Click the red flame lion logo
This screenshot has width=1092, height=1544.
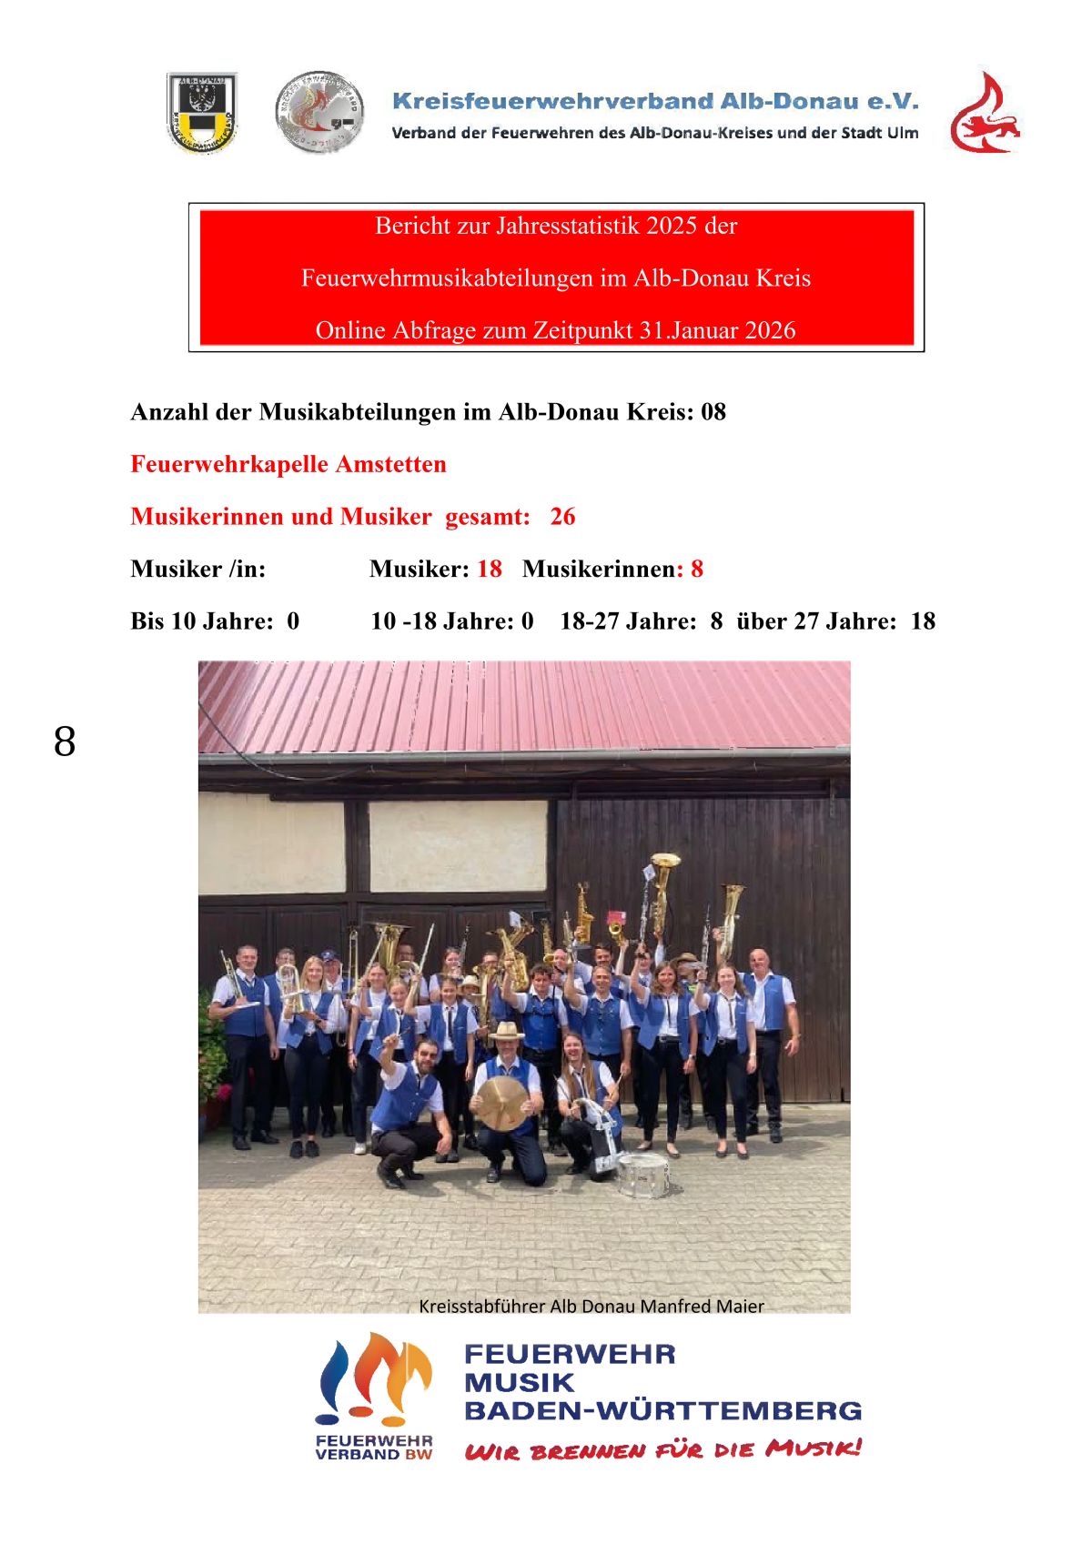point(985,114)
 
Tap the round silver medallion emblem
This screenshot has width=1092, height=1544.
point(319,113)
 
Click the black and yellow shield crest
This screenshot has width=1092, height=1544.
point(202,112)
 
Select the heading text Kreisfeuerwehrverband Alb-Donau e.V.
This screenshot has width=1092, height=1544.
point(655,101)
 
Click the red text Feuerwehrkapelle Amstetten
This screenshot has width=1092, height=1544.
point(288,464)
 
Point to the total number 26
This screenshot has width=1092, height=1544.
point(562,517)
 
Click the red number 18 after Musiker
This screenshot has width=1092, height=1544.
point(490,569)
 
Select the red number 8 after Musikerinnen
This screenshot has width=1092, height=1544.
point(697,569)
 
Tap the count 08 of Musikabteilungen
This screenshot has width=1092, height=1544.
point(713,412)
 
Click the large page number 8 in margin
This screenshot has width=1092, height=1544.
point(65,742)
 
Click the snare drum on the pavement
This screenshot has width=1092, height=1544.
point(642,1175)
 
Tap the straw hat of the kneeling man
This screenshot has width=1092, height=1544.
point(506,1032)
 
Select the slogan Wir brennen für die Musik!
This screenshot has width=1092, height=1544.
point(662,1448)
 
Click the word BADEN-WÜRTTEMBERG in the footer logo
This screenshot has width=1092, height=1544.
point(662,1410)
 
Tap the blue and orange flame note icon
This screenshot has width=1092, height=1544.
point(374,1378)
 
